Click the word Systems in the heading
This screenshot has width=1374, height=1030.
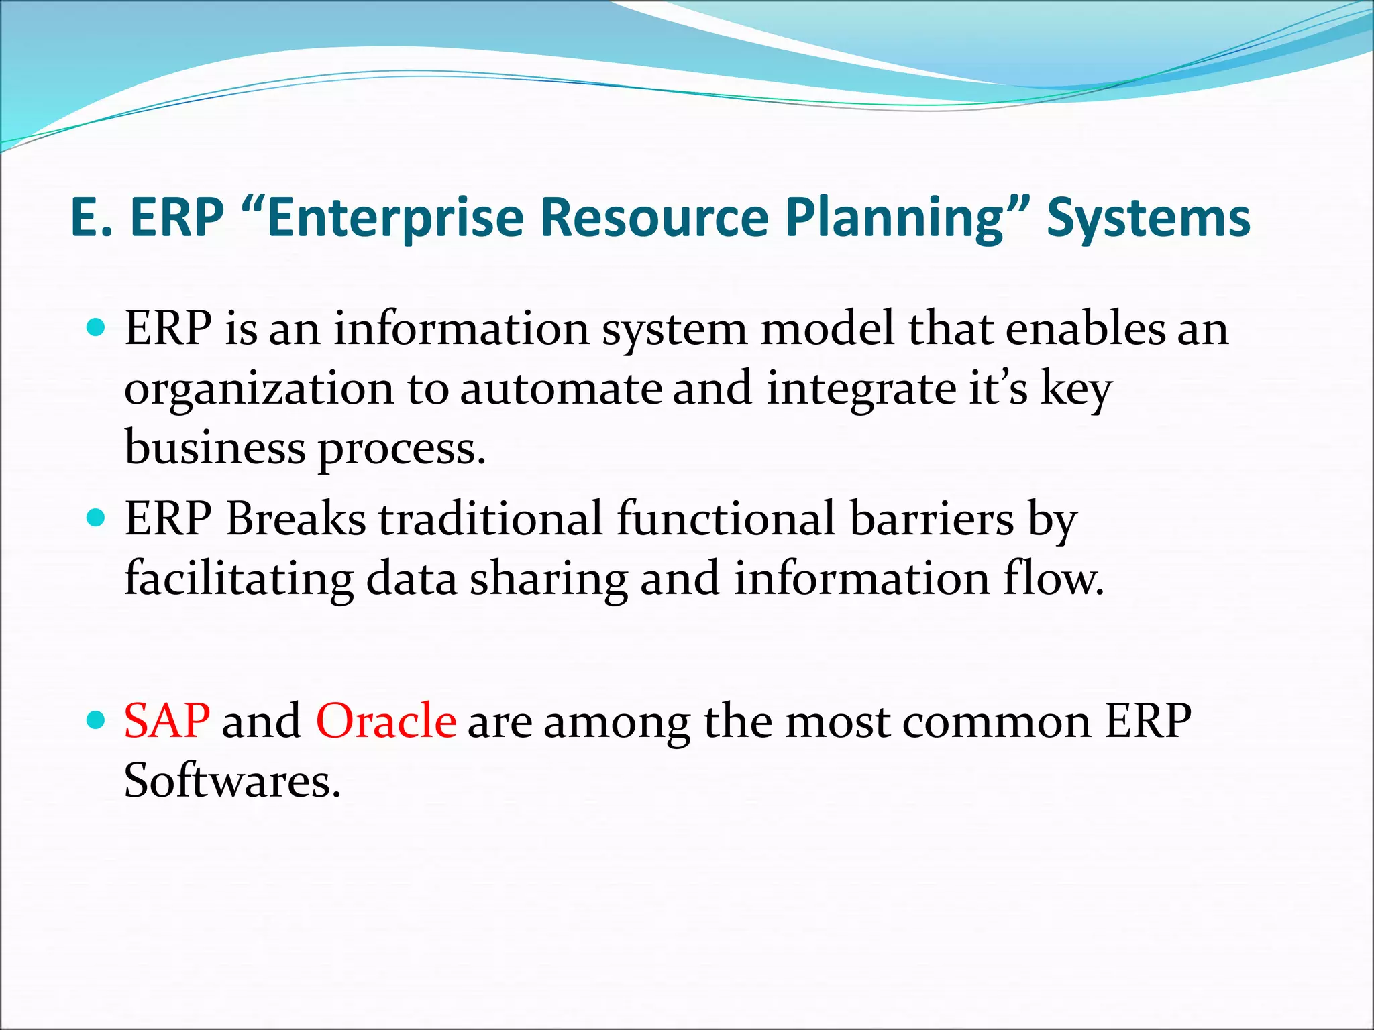click(x=1149, y=218)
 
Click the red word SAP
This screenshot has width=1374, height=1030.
click(x=167, y=722)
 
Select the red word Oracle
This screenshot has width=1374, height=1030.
click(x=386, y=722)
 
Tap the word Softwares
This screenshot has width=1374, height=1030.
click(x=232, y=781)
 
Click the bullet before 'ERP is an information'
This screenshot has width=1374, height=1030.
click(x=97, y=328)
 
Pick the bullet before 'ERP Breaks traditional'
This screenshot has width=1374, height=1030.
click(x=97, y=518)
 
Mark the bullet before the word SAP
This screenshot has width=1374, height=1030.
click(x=97, y=721)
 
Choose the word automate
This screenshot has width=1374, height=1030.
click(x=561, y=389)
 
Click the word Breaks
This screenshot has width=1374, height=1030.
click(x=296, y=519)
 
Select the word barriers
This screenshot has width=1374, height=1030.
click(x=932, y=519)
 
